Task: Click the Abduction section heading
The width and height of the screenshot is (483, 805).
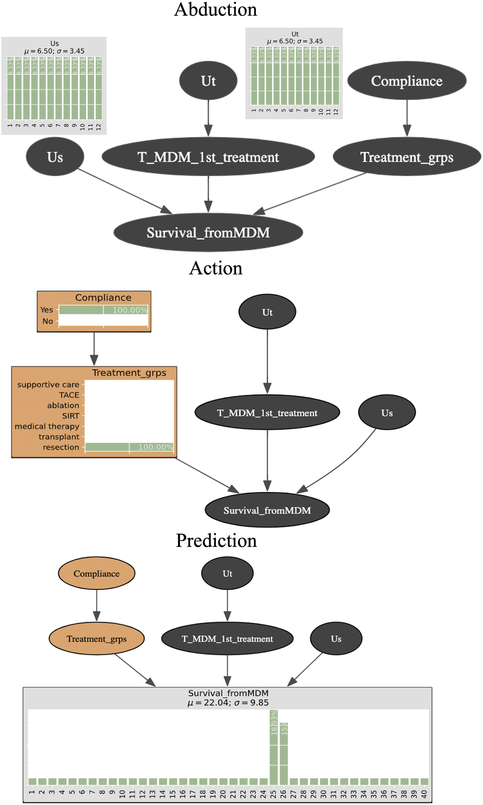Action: [x=215, y=10]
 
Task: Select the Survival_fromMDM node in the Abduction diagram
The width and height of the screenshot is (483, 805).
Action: [x=208, y=232]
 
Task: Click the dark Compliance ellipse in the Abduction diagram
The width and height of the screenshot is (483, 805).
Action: [x=407, y=81]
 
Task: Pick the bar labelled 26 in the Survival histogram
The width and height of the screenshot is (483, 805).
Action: [x=284, y=753]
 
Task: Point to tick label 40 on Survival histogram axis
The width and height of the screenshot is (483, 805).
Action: [x=424, y=794]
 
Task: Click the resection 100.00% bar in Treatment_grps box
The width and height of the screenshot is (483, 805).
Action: [x=129, y=447]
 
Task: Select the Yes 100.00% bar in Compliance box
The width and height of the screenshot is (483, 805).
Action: [x=103, y=310]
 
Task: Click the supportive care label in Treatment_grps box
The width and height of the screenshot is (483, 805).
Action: [x=48, y=385]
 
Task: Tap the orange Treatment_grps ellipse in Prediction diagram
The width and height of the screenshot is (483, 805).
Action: [x=96, y=639]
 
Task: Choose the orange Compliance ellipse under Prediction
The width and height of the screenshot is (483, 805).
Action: [x=96, y=574]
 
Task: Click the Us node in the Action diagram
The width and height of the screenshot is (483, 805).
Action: [x=387, y=413]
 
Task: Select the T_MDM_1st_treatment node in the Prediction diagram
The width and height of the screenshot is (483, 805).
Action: [x=227, y=639]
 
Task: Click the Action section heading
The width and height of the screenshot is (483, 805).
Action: [x=215, y=268]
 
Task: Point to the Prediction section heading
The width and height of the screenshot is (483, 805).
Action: [x=216, y=541]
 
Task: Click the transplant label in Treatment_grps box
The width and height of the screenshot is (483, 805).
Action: [x=59, y=437]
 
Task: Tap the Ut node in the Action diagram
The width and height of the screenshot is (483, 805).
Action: [x=267, y=312]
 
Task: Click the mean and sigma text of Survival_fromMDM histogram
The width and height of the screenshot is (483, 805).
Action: [x=228, y=703]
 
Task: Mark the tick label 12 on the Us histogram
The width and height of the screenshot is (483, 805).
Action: [x=98, y=127]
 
